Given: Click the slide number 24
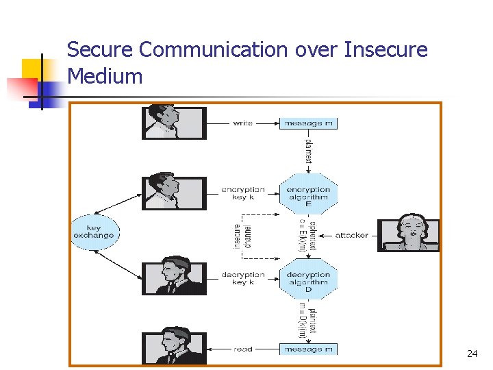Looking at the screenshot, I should click(472, 354).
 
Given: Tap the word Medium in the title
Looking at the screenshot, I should click(105, 76).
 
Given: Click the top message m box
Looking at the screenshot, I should click(308, 123).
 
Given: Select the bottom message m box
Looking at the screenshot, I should click(308, 349).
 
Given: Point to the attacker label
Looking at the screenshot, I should click(351, 236).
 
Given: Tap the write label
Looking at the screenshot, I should click(242, 123).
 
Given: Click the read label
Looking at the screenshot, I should click(242, 349).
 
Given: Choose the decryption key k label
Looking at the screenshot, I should click(242, 278).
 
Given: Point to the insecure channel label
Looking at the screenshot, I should click(242, 236).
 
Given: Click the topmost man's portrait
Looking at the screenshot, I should click(173, 122).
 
